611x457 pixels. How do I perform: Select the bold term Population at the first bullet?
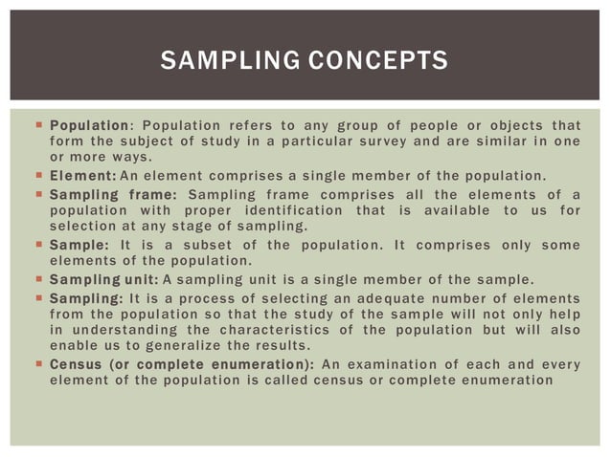[x=90, y=126]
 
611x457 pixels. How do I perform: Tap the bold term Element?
[x=83, y=176]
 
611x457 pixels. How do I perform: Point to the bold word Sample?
[x=80, y=245]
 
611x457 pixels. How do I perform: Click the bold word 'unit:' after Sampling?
[x=140, y=279]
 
